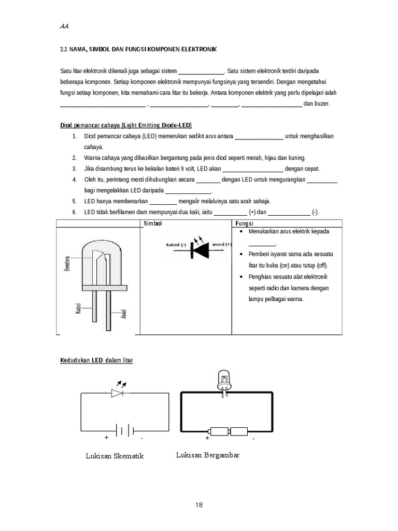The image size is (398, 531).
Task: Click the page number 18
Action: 199,506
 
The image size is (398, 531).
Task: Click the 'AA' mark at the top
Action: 64,26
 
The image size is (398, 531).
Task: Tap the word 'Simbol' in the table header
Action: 153,223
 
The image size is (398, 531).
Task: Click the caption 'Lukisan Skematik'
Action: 115,456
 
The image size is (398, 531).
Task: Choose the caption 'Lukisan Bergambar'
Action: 208,455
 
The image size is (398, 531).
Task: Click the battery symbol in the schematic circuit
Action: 125,430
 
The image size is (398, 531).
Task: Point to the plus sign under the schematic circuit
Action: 106,438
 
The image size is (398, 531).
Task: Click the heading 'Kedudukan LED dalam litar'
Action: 97,360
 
